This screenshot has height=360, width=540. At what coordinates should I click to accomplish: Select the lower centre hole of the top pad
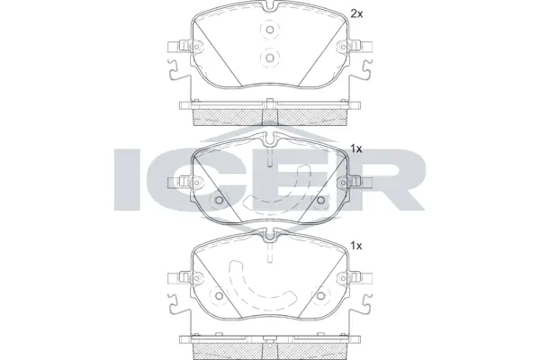(x=270, y=58)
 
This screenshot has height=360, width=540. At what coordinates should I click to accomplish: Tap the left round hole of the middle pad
(x=219, y=200)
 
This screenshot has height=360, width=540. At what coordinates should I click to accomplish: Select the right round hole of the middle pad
(x=321, y=200)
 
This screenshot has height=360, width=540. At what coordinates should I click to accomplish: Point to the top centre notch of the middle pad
(x=270, y=139)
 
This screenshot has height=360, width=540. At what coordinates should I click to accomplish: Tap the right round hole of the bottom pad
(x=321, y=297)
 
